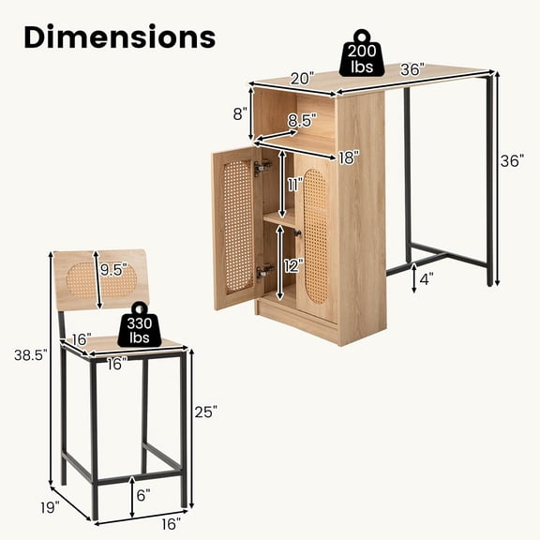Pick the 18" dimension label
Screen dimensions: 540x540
[x=349, y=157]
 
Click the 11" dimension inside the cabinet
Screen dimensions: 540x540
[x=296, y=185]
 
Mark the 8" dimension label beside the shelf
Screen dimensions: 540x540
[x=239, y=114]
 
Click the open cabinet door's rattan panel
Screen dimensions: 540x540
[x=237, y=226]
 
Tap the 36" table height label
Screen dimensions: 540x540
[x=512, y=160]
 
